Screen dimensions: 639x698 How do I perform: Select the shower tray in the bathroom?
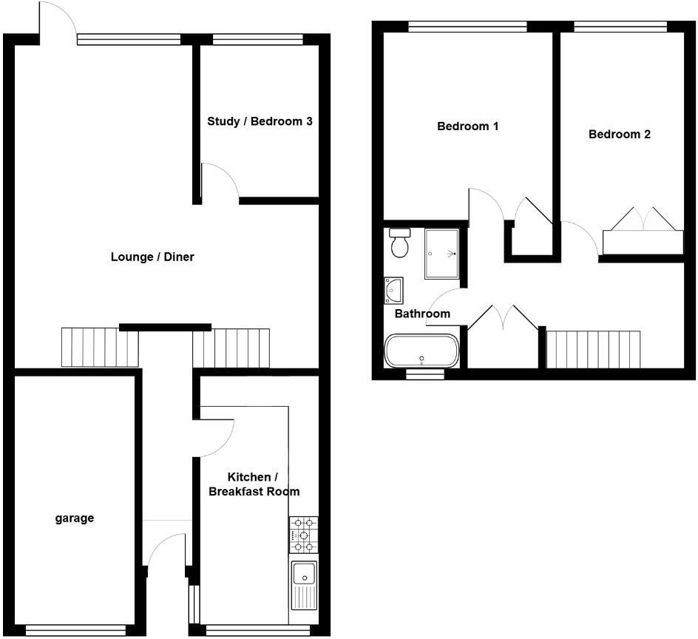(x=441, y=254)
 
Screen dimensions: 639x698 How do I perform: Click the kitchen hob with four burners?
(x=303, y=535)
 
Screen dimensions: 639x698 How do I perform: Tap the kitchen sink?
(x=303, y=584)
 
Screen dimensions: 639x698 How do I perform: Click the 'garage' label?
(x=75, y=518)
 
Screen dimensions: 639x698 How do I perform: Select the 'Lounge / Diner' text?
(x=152, y=257)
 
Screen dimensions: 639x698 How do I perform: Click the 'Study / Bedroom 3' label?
(x=259, y=121)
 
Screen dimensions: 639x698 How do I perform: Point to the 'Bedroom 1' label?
(x=467, y=126)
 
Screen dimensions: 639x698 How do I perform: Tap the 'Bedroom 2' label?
(x=620, y=135)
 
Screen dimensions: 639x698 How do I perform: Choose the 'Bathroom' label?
(x=421, y=314)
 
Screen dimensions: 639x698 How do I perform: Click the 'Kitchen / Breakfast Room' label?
(x=254, y=484)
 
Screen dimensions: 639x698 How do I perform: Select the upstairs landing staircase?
(x=593, y=348)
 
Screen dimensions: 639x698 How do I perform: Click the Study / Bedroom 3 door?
(x=220, y=181)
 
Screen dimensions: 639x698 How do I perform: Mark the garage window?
(x=75, y=631)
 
